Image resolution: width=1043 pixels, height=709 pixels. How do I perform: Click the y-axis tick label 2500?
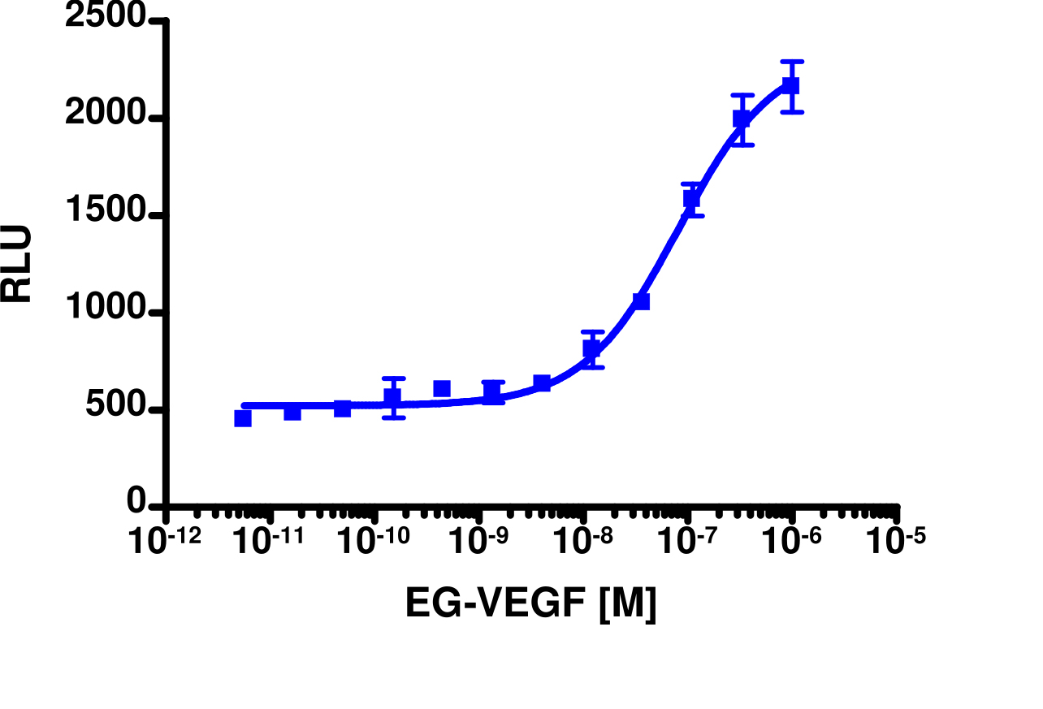(x=106, y=19)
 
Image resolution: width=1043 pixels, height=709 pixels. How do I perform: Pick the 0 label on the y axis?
(x=136, y=504)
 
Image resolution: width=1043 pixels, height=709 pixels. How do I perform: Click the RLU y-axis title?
(x=17, y=264)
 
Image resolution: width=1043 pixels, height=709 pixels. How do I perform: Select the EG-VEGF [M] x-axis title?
(x=530, y=605)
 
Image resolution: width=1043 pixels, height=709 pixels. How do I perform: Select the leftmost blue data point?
(x=242, y=418)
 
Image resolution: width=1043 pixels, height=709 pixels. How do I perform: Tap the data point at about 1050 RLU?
(x=641, y=301)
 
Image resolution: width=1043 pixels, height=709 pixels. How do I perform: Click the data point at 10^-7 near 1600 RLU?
(x=691, y=199)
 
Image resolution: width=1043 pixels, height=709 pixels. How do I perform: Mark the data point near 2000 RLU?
(x=741, y=119)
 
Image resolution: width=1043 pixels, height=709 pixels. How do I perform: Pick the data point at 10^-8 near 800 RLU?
(x=591, y=349)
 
